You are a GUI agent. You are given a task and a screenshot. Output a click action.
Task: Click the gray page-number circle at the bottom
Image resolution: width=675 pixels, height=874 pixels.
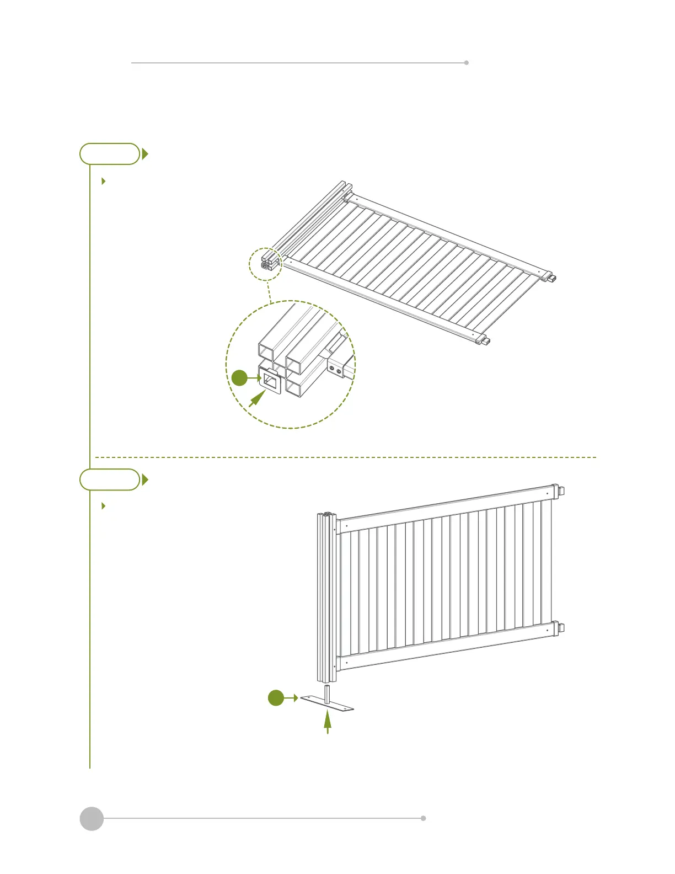[92, 818]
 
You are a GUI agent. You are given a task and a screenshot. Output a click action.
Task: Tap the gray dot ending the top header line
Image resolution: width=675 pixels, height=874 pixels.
[467, 63]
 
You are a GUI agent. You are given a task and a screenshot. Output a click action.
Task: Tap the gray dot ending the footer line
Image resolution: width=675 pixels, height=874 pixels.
[424, 818]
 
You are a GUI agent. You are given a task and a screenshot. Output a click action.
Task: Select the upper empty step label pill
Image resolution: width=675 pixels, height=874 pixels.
[110, 154]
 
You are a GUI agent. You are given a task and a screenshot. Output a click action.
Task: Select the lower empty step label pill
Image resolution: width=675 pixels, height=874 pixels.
[110, 479]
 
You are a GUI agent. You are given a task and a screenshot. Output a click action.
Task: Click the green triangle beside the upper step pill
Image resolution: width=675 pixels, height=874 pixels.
[145, 154]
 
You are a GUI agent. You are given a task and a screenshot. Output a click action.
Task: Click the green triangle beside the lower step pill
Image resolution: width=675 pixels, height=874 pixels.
[145, 479]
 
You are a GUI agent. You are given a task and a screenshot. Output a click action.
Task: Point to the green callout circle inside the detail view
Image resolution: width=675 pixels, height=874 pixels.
[239, 378]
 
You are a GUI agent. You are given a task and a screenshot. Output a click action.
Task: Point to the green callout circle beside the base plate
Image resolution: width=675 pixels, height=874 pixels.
[276, 698]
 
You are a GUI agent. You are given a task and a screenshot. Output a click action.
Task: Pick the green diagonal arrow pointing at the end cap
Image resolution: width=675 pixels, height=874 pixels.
[256, 399]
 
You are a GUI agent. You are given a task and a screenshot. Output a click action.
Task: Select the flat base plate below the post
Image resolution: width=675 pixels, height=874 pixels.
[327, 703]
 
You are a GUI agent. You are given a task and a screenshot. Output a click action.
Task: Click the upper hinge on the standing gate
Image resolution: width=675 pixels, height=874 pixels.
[558, 491]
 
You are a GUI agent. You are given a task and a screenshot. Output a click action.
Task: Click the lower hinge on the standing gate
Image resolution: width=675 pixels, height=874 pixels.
[558, 628]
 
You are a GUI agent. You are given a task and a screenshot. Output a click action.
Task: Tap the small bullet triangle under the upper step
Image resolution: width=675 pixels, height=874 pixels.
[104, 181]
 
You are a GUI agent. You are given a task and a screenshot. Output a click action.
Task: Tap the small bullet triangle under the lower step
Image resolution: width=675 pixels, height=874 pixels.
[104, 505]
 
